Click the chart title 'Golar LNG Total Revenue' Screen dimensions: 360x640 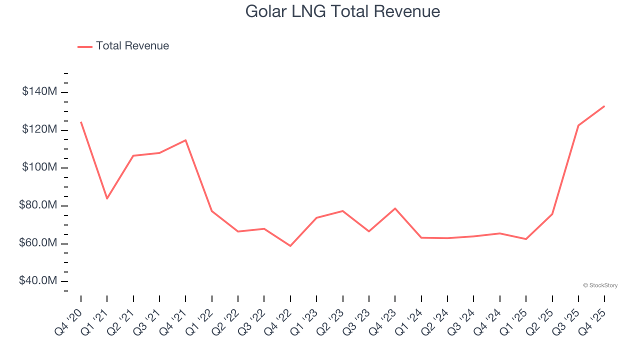342,11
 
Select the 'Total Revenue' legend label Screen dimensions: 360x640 132,46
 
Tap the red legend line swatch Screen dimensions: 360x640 85,46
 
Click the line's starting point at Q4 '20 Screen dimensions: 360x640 81,122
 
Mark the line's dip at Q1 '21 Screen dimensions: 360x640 107,198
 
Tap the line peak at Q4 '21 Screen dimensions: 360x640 185,140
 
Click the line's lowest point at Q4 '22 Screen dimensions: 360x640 290,246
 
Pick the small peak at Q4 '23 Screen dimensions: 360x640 395,208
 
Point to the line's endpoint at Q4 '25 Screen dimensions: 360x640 604,106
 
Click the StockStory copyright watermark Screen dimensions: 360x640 600,285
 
